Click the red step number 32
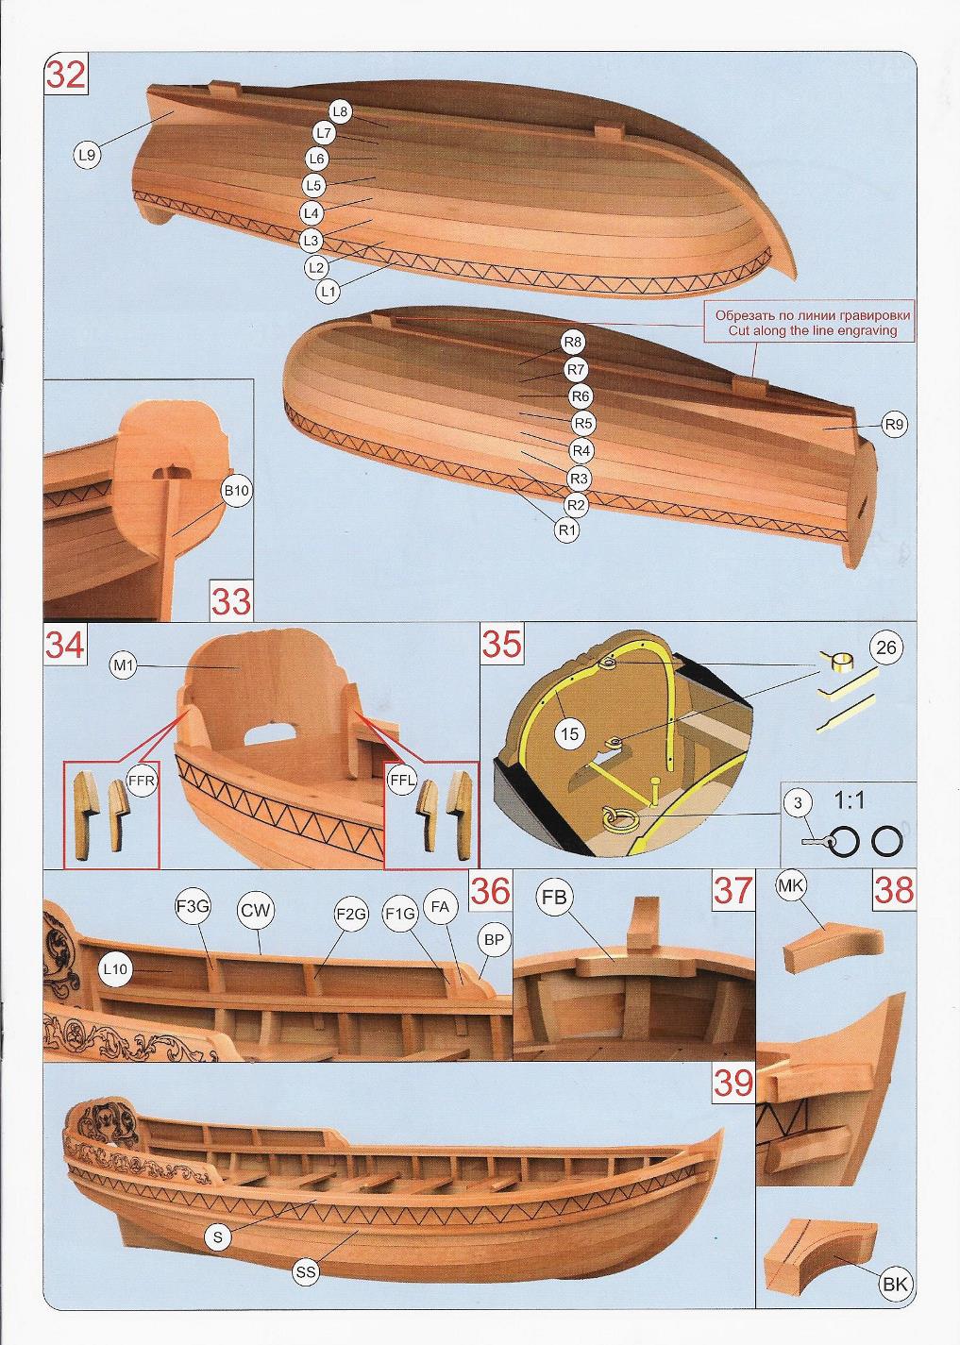[x=66, y=75]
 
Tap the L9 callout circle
[x=87, y=156]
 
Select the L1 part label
[x=328, y=292]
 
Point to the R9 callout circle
[x=896, y=425]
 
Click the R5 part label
[x=584, y=423]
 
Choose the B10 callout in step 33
[x=235, y=491]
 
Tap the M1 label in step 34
[x=125, y=667]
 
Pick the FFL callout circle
[x=401, y=782]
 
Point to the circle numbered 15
[x=570, y=732]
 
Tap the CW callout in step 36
[x=255, y=911]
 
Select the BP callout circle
[x=493, y=940]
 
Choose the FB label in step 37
[x=554, y=898]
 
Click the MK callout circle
[x=790, y=887]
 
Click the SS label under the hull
[x=305, y=1272]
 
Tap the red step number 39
[x=734, y=1084]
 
